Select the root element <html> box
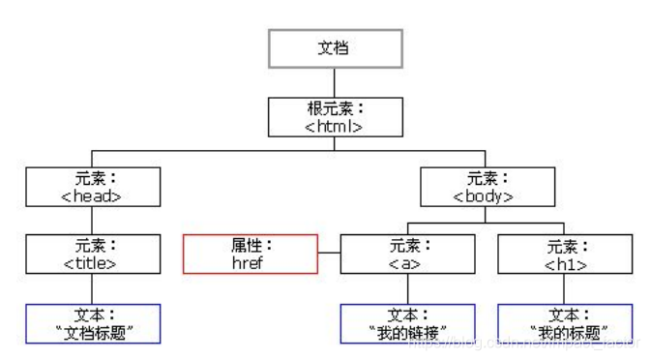point(334,115)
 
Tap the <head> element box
point(91,187)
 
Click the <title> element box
point(91,254)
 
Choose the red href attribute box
point(250,254)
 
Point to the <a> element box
point(407,254)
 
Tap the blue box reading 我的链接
point(407,324)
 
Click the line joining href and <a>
point(329,255)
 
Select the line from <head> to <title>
point(91,220)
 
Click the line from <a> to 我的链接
point(407,288)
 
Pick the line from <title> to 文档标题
point(91,288)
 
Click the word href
point(249,262)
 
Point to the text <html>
point(334,125)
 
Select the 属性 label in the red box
point(247,246)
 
